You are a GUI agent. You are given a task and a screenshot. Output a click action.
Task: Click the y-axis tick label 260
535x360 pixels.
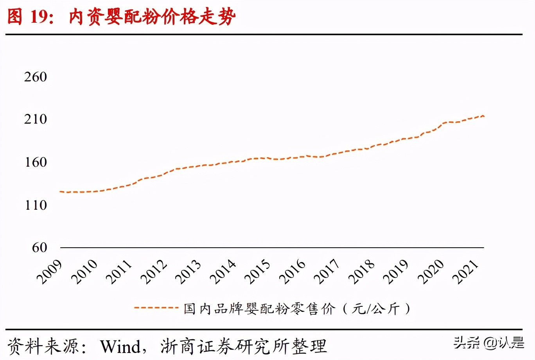pyautogui.click(x=36, y=77)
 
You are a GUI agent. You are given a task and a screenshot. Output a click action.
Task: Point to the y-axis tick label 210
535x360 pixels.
pyautogui.click(x=36, y=119)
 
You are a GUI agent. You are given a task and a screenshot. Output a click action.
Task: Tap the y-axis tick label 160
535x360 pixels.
pyautogui.click(x=36, y=162)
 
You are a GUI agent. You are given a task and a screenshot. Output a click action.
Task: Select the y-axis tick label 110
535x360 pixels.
pyautogui.click(x=36, y=205)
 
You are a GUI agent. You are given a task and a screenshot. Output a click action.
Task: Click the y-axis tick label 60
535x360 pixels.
pyautogui.click(x=39, y=247)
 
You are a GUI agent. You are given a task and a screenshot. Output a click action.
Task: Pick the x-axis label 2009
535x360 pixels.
pyautogui.click(x=49, y=271)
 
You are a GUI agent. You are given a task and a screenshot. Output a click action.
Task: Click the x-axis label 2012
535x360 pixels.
pyautogui.click(x=154, y=271)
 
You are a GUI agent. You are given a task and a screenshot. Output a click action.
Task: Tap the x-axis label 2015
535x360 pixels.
pyautogui.click(x=258, y=271)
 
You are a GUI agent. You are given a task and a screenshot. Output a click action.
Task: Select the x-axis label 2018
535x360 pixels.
pyautogui.click(x=362, y=271)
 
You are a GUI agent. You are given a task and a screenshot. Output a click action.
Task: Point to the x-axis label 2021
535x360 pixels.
pyautogui.click(x=465, y=271)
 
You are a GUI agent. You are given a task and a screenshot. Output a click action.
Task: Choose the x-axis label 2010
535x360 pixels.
pyautogui.click(x=84, y=271)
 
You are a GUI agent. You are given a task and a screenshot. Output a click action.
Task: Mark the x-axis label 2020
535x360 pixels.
pyautogui.click(x=431, y=271)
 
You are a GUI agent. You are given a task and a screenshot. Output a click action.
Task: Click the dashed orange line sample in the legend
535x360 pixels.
pyautogui.click(x=156, y=308)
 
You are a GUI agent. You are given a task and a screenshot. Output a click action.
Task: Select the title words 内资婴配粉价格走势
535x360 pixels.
pyautogui.click(x=153, y=17)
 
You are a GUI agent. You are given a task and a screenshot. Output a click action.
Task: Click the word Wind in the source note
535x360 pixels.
pyautogui.click(x=120, y=346)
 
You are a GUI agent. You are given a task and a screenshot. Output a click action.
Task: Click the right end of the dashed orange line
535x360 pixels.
pyautogui.click(x=484, y=116)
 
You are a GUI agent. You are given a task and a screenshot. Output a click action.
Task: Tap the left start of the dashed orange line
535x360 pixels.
pyautogui.click(x=60, y=191)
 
